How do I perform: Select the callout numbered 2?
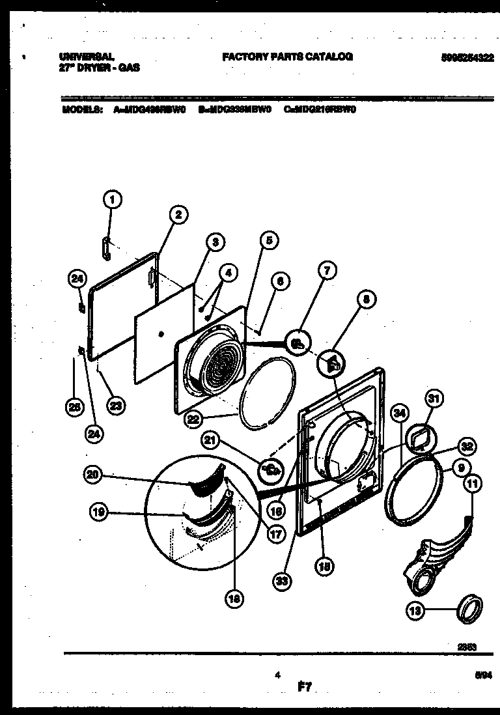(x=176, y=216)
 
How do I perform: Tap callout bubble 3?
(x=214, y=242)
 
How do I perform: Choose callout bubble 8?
(x=366, y=299)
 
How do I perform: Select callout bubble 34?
(x=400, y=412)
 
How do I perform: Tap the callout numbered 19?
(x=100, y=513)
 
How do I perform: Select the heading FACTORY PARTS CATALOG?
(x=287, y=57)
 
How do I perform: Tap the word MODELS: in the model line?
(x=81, y=109)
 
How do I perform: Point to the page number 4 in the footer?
(x=278, y=675)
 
